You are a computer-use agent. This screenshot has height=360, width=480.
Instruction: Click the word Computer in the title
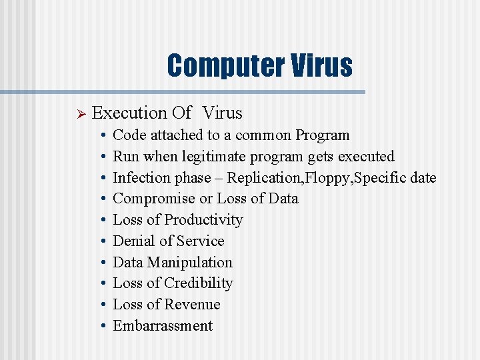[225, 65]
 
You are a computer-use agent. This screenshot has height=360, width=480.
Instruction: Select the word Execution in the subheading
[129, 113]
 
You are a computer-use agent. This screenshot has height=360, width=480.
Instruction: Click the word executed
[366, 157]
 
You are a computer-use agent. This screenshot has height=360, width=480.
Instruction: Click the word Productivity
[203, 220]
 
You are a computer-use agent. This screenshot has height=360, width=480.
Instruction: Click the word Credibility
[198, 283]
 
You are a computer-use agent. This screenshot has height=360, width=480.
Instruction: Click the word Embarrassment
[163, 326]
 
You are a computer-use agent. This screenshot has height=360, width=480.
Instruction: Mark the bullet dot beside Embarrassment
[102, 326]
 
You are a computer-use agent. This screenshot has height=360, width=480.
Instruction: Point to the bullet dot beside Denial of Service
[102, 241]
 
